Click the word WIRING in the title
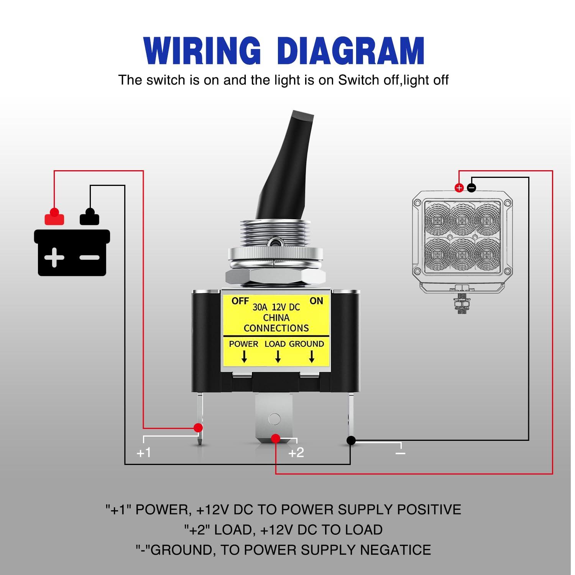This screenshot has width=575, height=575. (x=202, y=51)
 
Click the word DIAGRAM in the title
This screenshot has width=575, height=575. (x=350, y=51)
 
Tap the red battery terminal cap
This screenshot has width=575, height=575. (x=54, y=217)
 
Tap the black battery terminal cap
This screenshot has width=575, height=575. (x=90, y=217)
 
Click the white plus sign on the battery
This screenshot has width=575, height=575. (x=54, y=257)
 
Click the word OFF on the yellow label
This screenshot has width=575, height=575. (x=240, y=301)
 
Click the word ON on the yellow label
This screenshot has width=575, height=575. (x=316, y=301)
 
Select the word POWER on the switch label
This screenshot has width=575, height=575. (x=243, y=344)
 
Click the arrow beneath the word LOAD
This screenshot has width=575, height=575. (x=278, y=357)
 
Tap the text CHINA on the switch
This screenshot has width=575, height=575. (x=276, y=318)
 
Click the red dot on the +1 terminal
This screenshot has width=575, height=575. (x=198, y=428)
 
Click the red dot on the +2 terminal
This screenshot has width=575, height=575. (x=276, y=439)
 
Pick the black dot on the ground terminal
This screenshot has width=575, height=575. (x=351, y=440)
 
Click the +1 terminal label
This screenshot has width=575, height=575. (x=144, y=453)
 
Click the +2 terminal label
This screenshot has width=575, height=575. (x=296, y=453)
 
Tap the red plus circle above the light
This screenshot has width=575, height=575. (x=459, y=188)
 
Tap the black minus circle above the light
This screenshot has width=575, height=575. (x=472, y=188)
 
